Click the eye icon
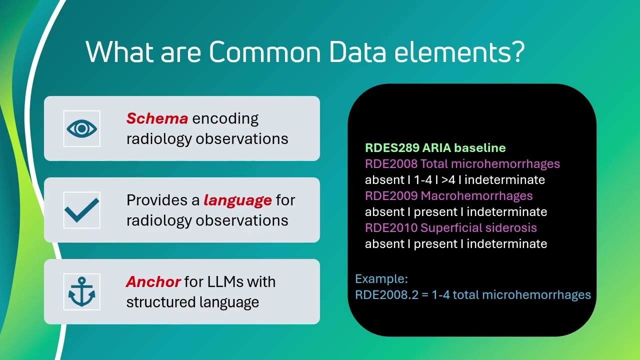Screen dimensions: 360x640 [82, 128]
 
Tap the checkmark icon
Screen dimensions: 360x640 [82, 210]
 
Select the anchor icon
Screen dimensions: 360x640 [82, 291]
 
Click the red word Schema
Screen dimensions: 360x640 [157, 118]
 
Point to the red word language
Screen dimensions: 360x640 [237, 200]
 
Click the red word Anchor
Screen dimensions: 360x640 [153, 281]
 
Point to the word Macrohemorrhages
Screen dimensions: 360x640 [476, 195]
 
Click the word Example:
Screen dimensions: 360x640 [381, 279]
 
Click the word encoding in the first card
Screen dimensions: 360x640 [225, 118]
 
